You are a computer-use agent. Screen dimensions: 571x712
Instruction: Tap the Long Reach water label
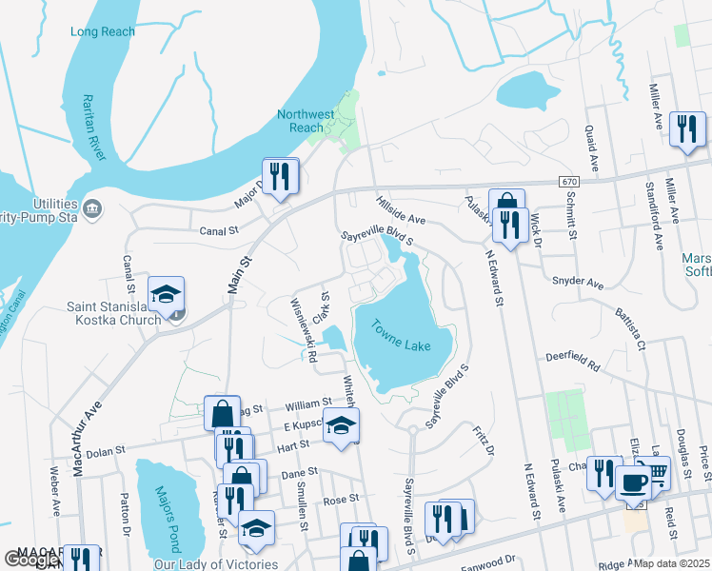pos(103,31)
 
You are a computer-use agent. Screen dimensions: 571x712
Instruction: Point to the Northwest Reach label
pos(306,121)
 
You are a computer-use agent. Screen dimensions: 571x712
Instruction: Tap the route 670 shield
pos(569,181)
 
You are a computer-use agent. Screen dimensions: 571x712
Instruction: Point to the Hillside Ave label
pos(400,211)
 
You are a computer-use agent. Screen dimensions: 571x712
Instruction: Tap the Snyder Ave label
pos(578,283)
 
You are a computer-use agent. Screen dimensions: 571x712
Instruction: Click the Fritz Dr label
pos(484,439)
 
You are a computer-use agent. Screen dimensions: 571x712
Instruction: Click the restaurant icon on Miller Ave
pos(687,128)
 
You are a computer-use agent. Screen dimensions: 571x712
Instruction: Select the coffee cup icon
pos(633,482)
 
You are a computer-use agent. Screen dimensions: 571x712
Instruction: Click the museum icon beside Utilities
pos(92,208)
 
